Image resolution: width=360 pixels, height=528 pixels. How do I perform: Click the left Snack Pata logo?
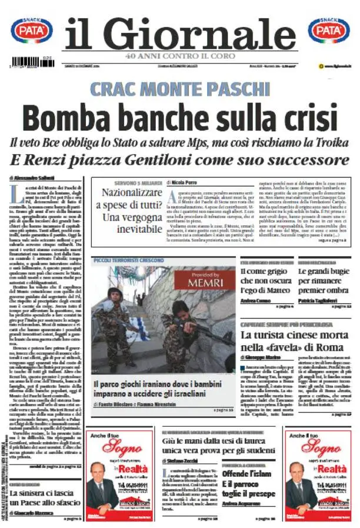(x=31, y=31)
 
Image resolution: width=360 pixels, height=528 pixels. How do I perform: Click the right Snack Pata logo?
(x=329, y=31)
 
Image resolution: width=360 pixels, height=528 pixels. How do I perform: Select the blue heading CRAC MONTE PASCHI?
(x=179, y=89)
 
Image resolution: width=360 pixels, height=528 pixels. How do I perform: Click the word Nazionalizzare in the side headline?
(x=132, y=192)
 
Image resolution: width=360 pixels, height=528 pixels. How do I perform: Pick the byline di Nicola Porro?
(x=186, y=183)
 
